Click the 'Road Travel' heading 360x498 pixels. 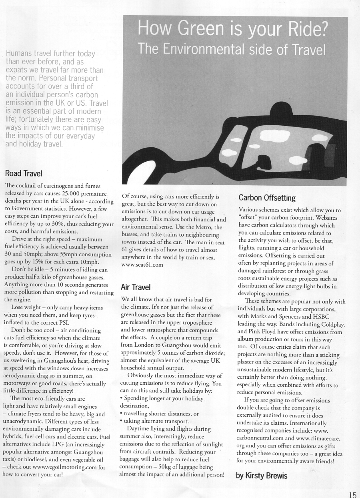(24, 173)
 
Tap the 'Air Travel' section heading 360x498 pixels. (136, 287)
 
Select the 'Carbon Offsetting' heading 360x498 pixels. (267, 198)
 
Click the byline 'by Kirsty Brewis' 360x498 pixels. (262, 476)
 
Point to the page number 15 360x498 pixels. (352, 494)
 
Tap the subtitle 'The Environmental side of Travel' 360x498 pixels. (232, 49)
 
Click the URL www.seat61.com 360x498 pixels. (142, 265)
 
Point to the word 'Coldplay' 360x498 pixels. (330, 324)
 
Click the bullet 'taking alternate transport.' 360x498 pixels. (156, 421)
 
